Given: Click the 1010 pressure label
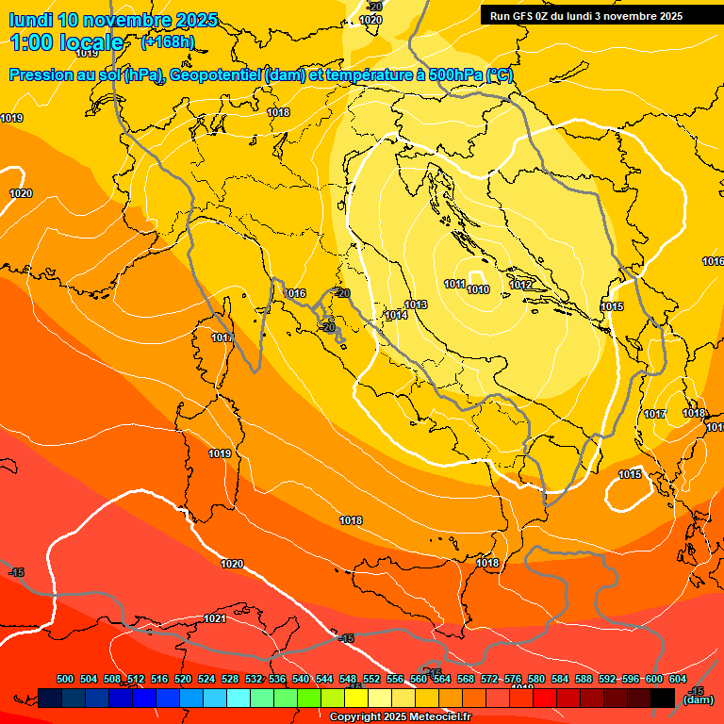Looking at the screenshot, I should click(x=478, y=289).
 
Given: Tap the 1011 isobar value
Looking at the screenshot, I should click(x=454, y=284).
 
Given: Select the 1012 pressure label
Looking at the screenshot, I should click(x=520, y=285).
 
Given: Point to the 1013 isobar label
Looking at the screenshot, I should click(x=417, y=304).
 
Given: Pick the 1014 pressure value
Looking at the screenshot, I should click(x=396, y=316).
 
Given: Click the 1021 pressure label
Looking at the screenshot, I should click(x=215, y=618).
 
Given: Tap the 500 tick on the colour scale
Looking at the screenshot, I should click(x=65, y=679).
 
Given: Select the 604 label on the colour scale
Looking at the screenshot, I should click(x=677, y=679).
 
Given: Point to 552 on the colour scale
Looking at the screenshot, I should click(x=371, y=679).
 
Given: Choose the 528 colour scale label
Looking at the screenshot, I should click(x=230, y=679).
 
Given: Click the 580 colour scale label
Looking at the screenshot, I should click(x=536, y=679).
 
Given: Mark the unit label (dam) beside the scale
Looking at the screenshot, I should click(x=698, y=699).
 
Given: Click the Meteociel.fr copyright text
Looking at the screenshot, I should click(x=401, y=717).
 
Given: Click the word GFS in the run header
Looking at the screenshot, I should click(x=530, y=16).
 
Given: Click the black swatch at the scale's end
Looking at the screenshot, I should click(x=662, y=698).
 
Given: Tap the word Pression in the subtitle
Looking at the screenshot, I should click(x=41, y=75).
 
